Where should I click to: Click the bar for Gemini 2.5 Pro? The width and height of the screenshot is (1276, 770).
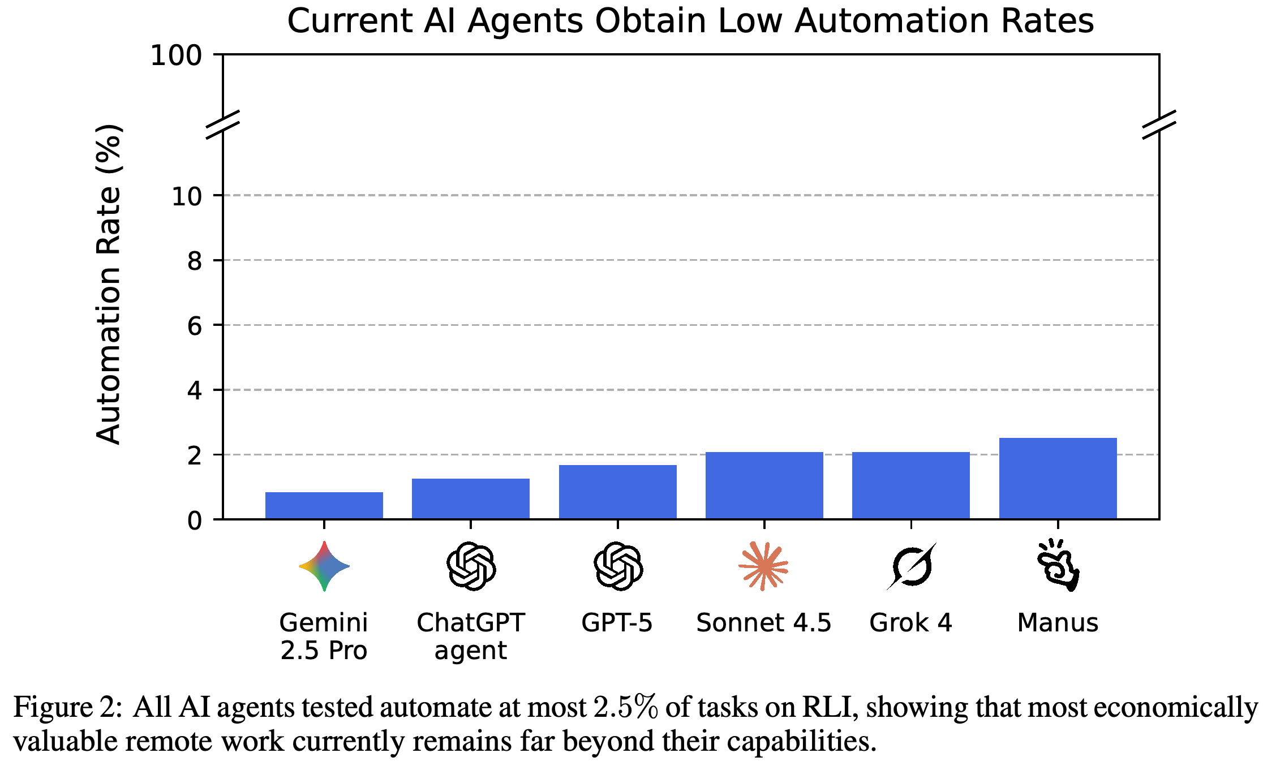click(324, 505)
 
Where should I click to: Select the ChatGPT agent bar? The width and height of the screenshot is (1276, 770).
click(471, 498)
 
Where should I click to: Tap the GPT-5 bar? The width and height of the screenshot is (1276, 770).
click(617, 492)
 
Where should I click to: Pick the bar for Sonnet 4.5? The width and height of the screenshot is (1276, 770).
click(764, 485)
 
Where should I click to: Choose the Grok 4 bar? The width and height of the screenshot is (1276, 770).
click(911, 485)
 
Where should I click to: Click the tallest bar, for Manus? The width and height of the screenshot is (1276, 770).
click(1058, 478)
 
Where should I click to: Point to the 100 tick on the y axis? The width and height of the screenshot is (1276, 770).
click(176, 55)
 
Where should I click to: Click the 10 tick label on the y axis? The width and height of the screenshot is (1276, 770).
click(186, 196)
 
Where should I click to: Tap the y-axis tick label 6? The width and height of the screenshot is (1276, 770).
click(195, 326)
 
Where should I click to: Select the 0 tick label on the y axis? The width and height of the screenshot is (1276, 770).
click(195, 520)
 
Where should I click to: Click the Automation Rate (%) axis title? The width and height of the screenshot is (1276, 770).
click(108, 284)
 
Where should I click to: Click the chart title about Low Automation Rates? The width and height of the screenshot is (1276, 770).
click(690, 21)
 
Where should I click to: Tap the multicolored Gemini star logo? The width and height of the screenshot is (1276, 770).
click(324, 566)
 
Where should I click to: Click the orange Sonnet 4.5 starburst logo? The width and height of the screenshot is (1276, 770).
click(763, 566)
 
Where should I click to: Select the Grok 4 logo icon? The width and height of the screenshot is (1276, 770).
click(911, 566)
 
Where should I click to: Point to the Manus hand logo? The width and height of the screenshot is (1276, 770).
click(1058, 565)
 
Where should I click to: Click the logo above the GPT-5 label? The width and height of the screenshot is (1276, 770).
click(618, 566)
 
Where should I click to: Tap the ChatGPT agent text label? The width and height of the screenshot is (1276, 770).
click(471, 636)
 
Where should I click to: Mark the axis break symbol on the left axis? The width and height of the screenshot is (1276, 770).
click(223, 124)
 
